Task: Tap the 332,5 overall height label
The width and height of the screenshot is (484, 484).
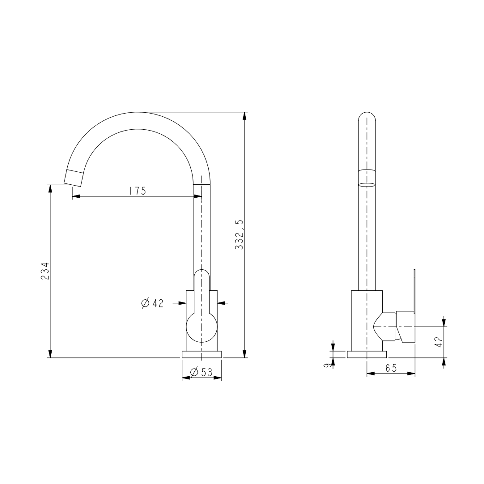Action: [x=239, y=235]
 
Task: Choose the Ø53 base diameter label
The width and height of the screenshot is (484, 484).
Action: [x=201, y=372]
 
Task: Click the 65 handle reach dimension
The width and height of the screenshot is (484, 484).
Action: [x=391, y=368]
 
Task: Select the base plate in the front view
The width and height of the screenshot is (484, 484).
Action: [x=202, y=354]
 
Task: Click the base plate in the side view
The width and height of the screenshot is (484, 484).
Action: [x=367, y=354]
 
